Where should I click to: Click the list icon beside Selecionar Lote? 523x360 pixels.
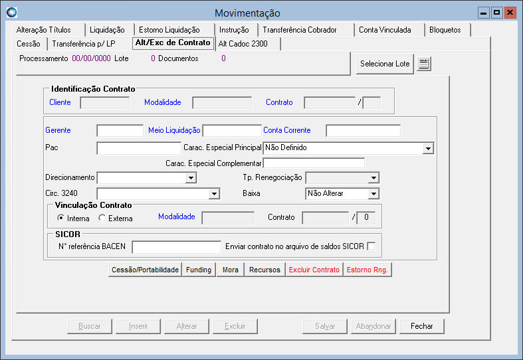[423, 63]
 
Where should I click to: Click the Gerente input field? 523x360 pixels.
[120, 131]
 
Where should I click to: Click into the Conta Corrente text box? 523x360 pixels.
[363, 131]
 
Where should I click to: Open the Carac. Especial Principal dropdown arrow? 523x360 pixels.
[428, 148]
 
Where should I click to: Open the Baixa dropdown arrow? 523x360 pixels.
[373, 194]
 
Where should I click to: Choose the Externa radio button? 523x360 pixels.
[102, 218]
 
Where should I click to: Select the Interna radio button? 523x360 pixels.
[60, 218]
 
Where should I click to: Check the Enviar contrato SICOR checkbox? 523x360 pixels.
[371, 246]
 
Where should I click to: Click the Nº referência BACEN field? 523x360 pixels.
[177, 247]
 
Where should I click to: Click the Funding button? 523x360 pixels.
[199, 270]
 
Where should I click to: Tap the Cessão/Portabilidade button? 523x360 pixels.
[145, 270]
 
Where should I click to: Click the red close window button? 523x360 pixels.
[510, 13]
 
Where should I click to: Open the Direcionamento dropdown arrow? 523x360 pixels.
[191, 177]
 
